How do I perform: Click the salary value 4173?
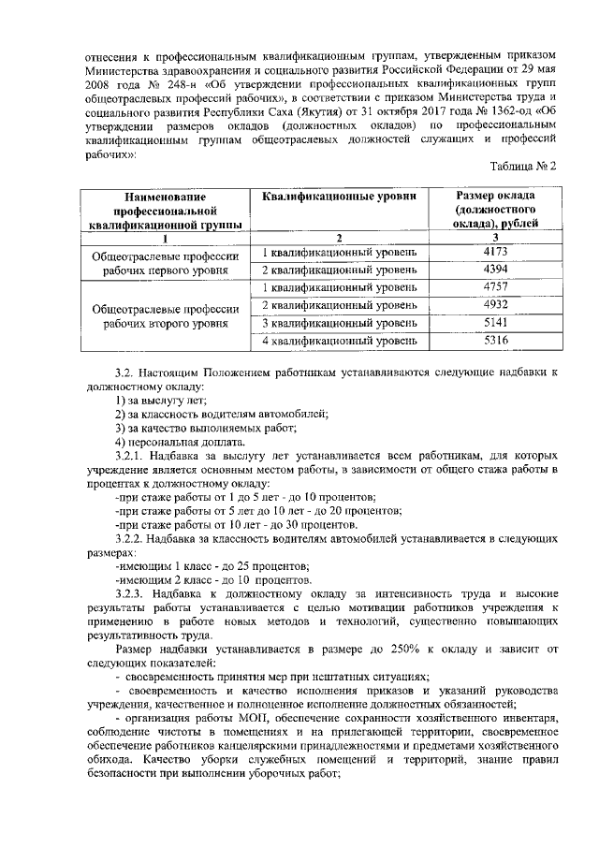(x=495, y=252)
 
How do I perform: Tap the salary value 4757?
(x=495, y=286)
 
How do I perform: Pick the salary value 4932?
(x=495, y=305)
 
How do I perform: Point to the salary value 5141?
(x=495, y=323)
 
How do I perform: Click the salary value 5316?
(x=495, y=341)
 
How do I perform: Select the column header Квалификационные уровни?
(x=339, y=196)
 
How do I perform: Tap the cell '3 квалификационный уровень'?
(x=339, y=323)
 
